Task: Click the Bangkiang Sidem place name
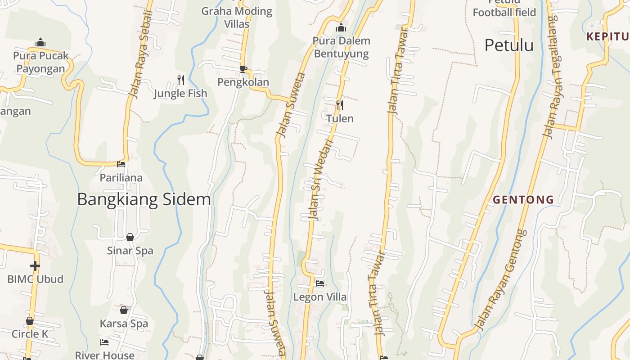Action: (x=144, y=199)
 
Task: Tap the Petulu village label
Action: (x=509, y=45)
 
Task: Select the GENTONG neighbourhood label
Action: (x=523, y=199)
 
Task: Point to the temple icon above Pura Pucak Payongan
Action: (x=40, y=42)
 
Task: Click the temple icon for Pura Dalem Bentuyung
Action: (x=341, y=28)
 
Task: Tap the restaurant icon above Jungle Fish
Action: (x=180, y=80)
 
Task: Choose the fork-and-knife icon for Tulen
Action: (x=340, y=105)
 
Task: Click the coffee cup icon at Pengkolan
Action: (x=243, y=69)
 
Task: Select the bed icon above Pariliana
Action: (x=121, y=164)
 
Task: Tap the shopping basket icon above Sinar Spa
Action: (x=130, y=237)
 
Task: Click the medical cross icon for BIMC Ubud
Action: (x=35, y=266)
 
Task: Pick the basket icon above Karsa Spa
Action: (x=124, y=310)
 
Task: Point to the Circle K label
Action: (x=30, y=334)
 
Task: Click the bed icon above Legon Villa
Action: (x=320, y=283)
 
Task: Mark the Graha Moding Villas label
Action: (x=237, y=17)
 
